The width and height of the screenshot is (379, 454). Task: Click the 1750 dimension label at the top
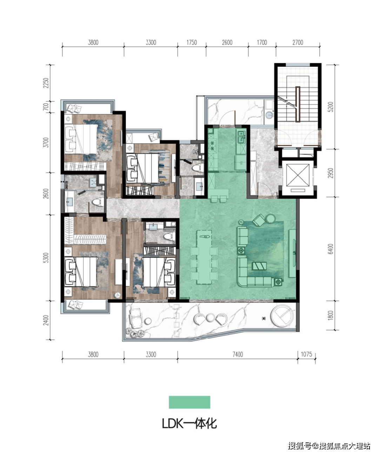pos(192,42)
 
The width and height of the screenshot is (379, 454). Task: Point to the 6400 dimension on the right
pos(331,249)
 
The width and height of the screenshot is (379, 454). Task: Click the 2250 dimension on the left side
pos(46,83)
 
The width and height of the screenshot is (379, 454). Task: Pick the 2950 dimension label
pos(331,173)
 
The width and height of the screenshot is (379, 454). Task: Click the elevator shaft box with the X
pos(298,175)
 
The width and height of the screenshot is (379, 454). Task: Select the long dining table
pos(204,258)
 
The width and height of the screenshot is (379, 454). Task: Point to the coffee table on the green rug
pos(259,266)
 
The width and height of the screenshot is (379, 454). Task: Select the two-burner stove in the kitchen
pos(212,146)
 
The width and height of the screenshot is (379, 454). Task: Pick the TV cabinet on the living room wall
pos(292,253)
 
